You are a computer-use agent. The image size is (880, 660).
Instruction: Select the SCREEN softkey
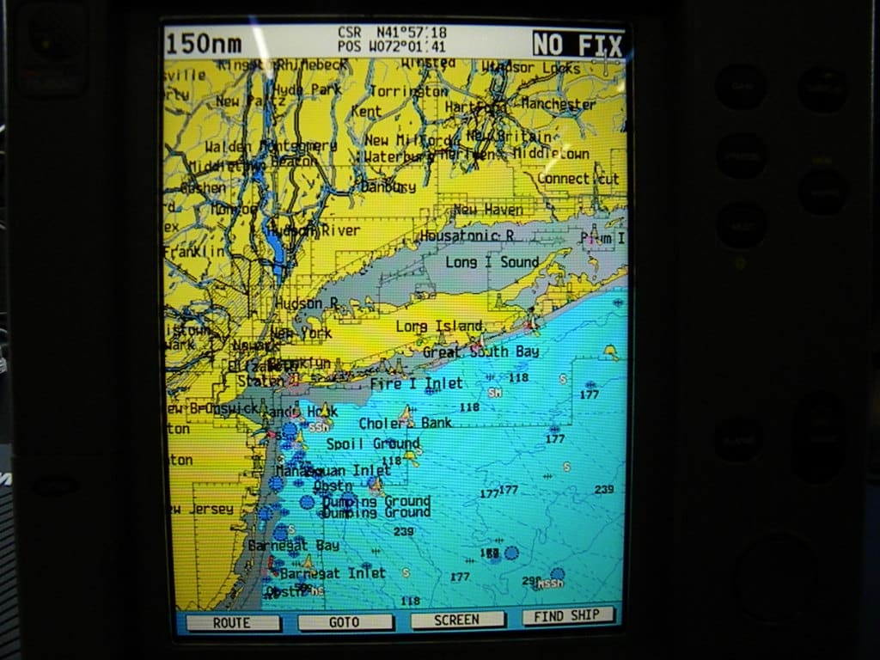[457, 620]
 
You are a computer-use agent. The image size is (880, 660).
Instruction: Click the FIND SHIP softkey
[568, 615]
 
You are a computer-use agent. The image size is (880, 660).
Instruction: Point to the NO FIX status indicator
[577, 43]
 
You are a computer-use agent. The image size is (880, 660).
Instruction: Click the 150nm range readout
[204, 44]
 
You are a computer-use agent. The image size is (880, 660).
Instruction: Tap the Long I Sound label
[492, 262]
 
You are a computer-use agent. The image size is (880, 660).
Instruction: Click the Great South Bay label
[480, 351]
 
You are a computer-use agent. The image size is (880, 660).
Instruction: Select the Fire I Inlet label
[416, 383]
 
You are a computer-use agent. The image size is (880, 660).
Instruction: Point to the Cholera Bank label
[405, 423]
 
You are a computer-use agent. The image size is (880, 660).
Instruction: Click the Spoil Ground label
[372, 443]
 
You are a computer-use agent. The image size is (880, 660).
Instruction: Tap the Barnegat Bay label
[293, 545]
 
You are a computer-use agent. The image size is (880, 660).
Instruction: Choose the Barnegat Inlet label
[333, 572]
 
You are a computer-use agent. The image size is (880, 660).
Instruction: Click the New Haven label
[487, 210]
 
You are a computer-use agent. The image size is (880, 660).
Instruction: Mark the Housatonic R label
[467, 235]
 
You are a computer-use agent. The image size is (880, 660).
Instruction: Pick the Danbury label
[388, 186]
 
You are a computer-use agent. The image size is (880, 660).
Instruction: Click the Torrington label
[409, 90]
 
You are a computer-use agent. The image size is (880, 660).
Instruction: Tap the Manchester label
[558, 104]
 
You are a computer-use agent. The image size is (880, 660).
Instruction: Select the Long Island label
[439, 327]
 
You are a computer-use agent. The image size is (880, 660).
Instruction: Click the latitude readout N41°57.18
[411, 33]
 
